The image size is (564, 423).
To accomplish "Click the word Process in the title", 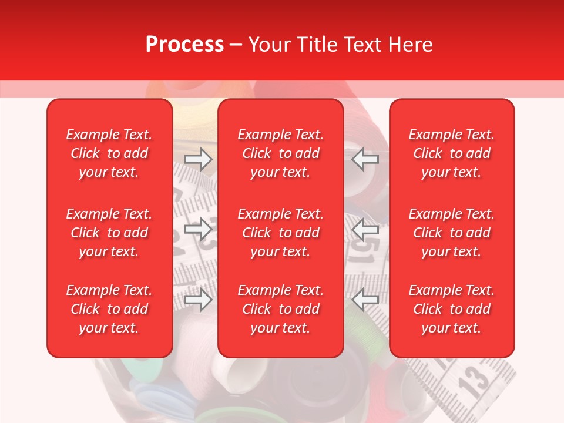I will click(184, 45).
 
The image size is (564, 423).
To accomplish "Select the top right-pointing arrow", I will click(198, 159).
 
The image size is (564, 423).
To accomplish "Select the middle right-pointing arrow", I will click(198, 229).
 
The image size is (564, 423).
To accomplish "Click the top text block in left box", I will click(109, 153).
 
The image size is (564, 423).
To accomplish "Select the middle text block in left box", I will click(109, 233).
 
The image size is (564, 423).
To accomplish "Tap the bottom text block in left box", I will click(109, 309).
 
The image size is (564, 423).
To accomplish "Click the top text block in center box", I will click(280, 153).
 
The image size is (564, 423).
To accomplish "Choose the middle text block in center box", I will click(280, 233).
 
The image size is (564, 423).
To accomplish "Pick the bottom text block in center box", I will click(280, 309).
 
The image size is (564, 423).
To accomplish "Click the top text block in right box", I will click(452, 153).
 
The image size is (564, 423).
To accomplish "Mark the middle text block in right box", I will click(452, 233).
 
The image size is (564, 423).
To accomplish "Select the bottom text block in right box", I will click(452, 309).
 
